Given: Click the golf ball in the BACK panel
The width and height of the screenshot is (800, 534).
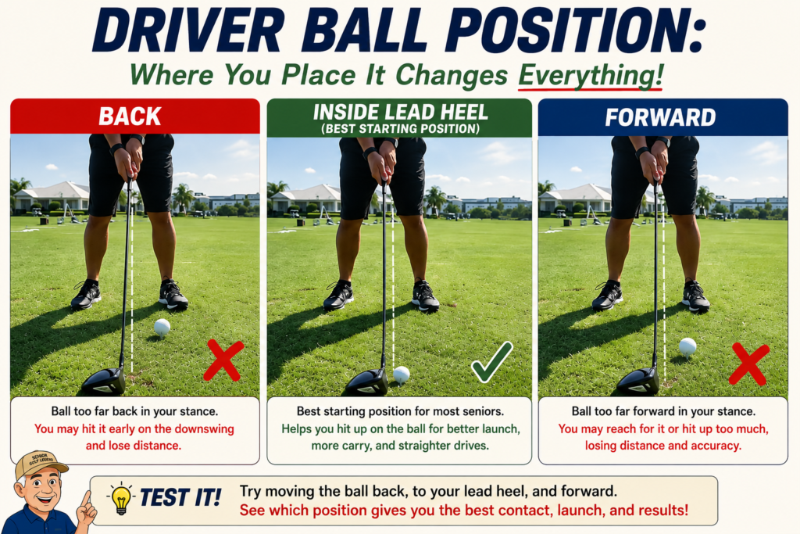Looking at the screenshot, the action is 162,327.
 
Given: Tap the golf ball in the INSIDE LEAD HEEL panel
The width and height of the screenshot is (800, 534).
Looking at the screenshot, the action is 402,375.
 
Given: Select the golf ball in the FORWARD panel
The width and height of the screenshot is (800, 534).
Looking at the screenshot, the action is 687,346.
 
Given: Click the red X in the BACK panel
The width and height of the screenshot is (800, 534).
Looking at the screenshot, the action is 224,361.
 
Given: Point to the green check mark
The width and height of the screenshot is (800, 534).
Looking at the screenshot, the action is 492,362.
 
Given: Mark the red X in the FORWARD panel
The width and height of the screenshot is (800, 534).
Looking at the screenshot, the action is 749,364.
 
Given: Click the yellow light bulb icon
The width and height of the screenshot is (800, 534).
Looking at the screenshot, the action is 121,498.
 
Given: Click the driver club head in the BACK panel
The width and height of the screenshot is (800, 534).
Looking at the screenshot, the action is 104,382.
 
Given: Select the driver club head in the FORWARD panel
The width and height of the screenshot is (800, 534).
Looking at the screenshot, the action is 638,382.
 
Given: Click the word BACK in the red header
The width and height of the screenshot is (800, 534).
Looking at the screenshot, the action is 130,116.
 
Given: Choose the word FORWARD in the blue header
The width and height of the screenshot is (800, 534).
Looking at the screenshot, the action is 660,117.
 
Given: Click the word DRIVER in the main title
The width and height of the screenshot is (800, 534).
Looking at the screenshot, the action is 188,30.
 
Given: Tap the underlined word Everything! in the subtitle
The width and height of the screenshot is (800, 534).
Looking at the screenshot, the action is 591,76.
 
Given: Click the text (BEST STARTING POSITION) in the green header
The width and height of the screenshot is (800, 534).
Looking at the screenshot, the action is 401,129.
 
